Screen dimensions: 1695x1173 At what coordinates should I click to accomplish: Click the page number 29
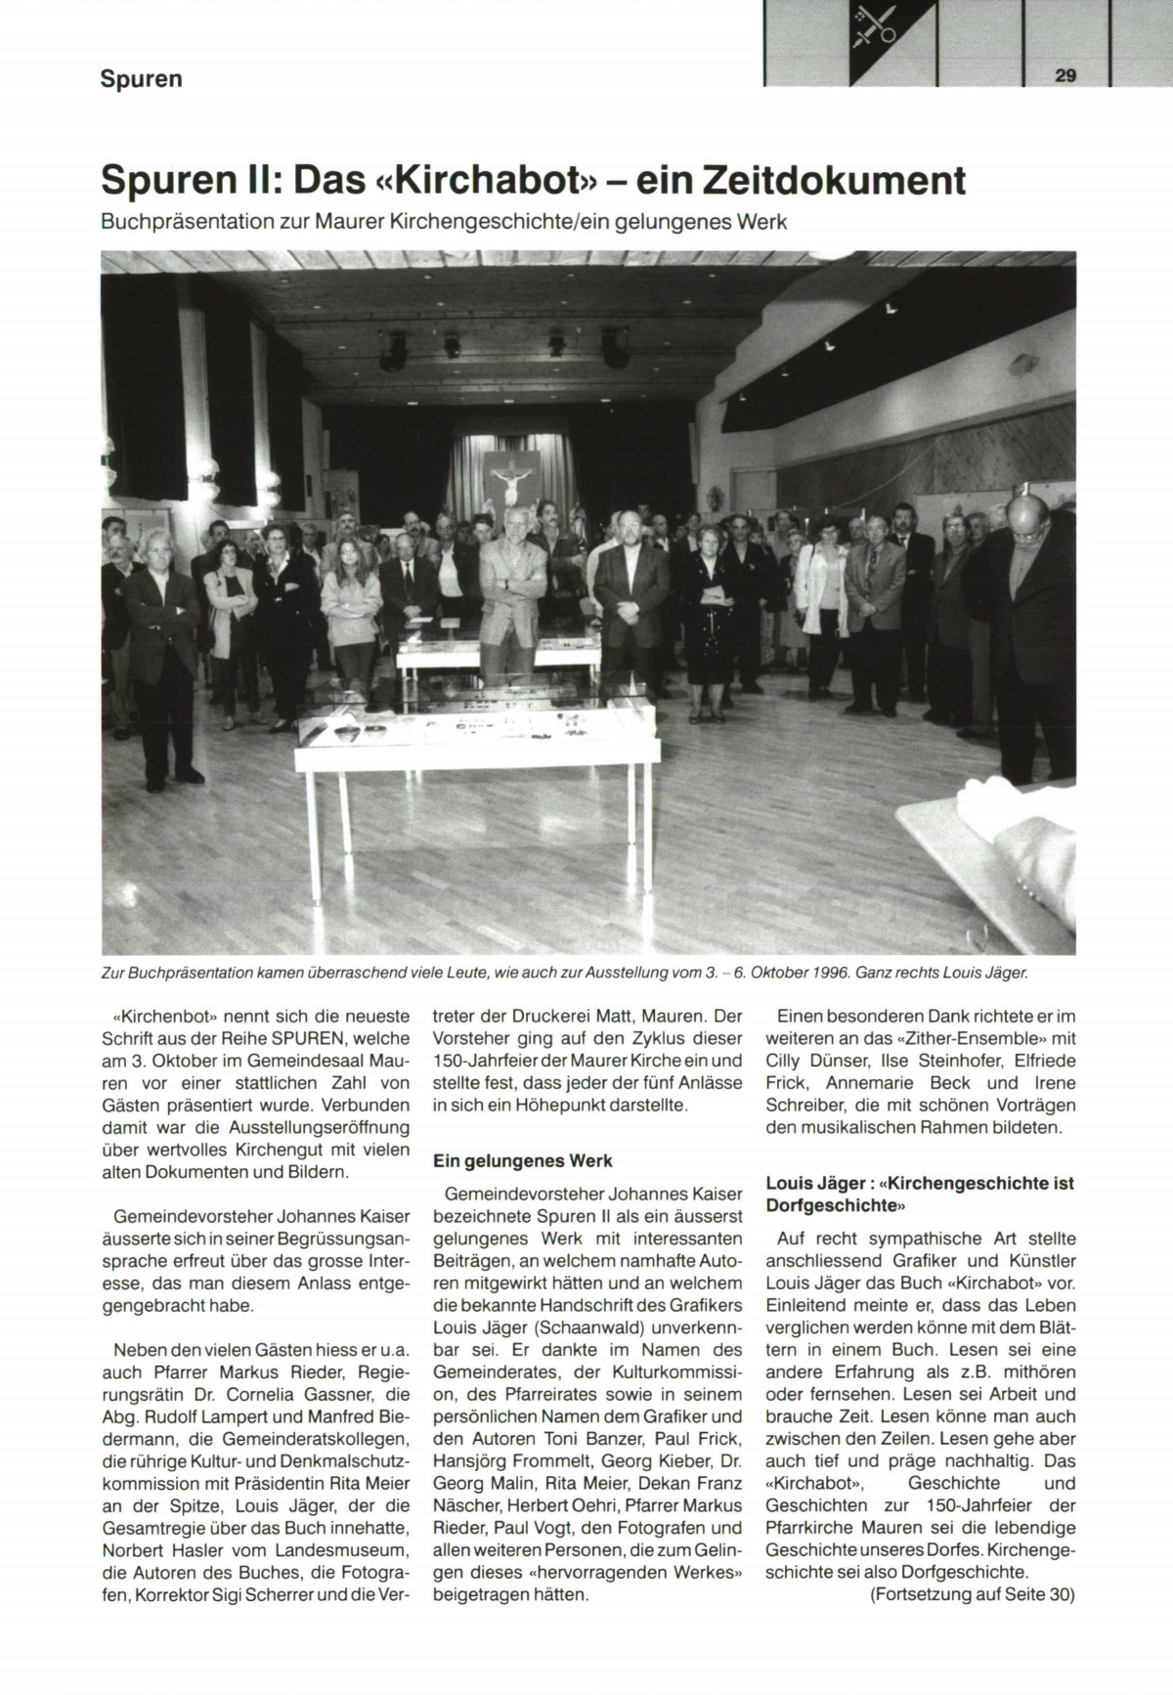[1064, 75]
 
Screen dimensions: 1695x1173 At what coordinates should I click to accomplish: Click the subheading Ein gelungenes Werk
[522, 1161]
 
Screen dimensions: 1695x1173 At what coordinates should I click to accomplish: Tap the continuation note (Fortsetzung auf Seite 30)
[972, 1594]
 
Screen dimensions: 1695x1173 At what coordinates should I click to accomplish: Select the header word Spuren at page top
[141, 78]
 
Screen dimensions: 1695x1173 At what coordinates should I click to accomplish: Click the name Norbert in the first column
[134, 1551]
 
